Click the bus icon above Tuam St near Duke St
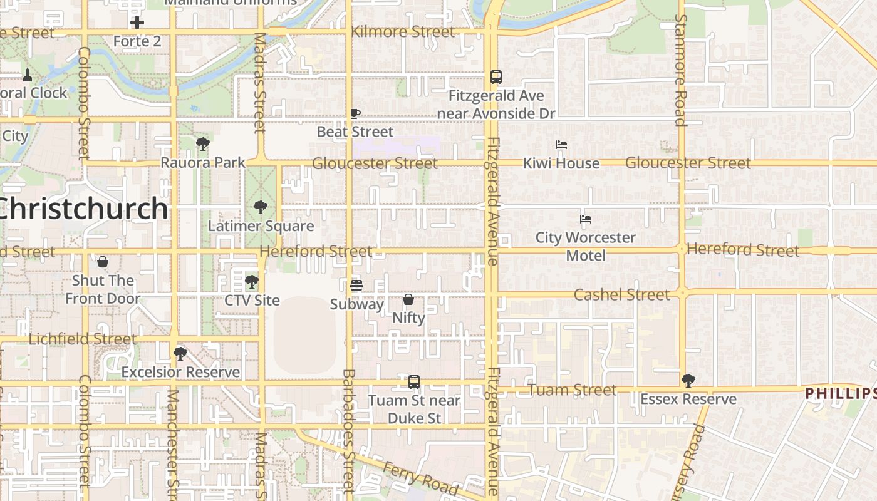pos(413,381)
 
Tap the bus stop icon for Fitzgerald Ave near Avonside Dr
pos(496,77)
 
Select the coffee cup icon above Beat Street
pos(355,113)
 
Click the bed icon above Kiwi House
pos(561,145)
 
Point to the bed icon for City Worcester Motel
pos(585,219)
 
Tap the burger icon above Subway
pos(356,286)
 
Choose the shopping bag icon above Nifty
pos(408,299)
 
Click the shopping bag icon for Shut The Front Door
pos(103,261)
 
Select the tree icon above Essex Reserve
pos(688,380)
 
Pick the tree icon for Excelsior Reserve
pos(180,354)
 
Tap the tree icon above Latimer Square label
pos(260,207)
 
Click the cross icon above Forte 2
pos(137,23)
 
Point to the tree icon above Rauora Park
pos(202,144)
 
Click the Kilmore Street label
pos(403,32)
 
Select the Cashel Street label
pos(621,294)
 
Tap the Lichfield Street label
pos(83,339)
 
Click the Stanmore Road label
pos(681,70)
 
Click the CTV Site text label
pos(252,300)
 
